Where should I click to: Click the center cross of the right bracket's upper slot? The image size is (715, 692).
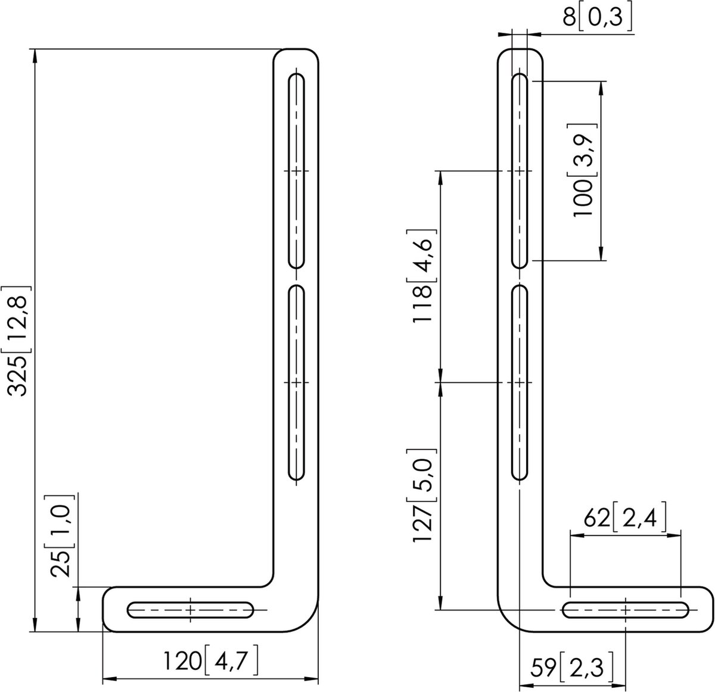click(520, 172)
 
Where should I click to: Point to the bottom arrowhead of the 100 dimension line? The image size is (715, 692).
click(601, 255)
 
